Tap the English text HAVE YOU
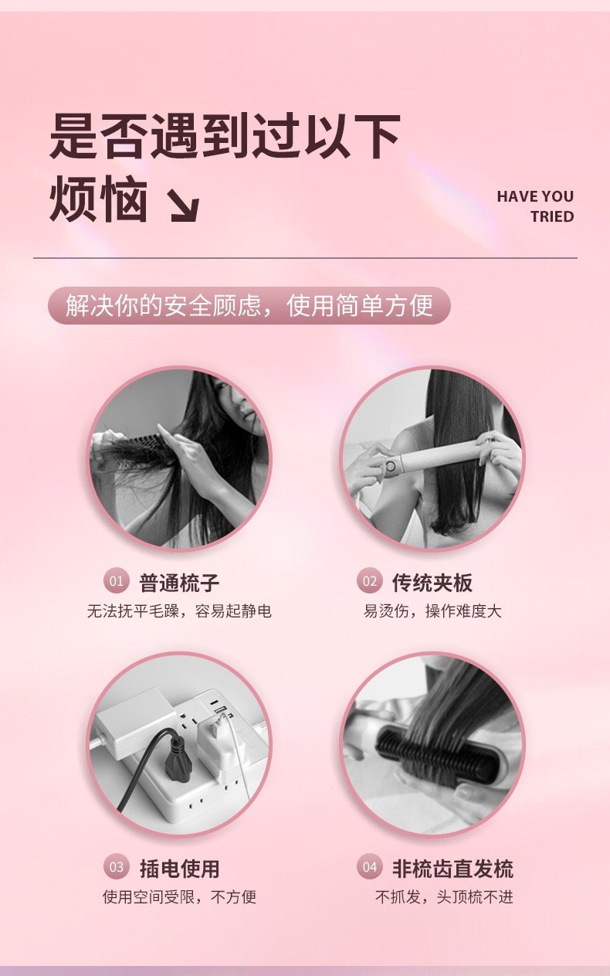(535, 196)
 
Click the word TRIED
(552, 216)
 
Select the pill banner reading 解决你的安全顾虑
(249, 305)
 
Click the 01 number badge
(117, 581)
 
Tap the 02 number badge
(369, 581)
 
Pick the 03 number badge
(117, 866)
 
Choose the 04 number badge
(369, 866)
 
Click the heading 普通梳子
(179, 583)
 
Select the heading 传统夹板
(432, 583)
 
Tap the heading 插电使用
(179, 869)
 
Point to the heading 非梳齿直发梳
(452, 869)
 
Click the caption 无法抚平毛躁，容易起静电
(179, 611)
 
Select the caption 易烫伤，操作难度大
(432, 611)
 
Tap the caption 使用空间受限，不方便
(179, 896)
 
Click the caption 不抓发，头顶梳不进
(444, 896)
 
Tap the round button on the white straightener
(391, 465)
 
